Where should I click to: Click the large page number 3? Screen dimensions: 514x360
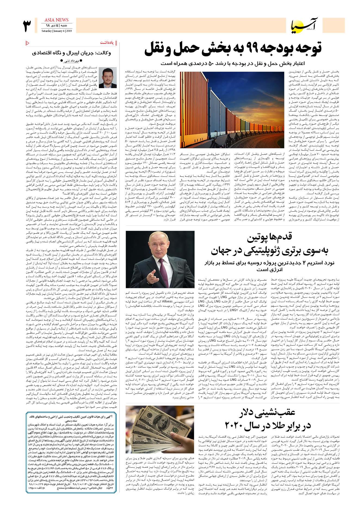click(27, 26)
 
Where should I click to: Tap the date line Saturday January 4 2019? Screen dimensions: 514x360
click(56, 30)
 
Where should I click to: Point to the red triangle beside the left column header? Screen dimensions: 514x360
click(27, 43)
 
